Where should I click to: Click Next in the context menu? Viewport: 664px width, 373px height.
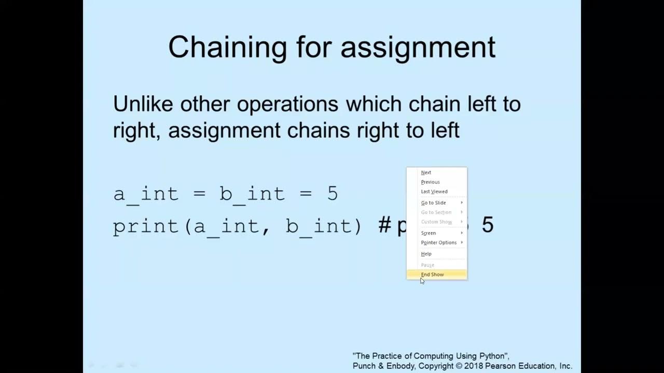(426, 173)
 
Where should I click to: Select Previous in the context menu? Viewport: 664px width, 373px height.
(430, 182)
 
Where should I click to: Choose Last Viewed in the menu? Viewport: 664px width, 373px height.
(434, 192)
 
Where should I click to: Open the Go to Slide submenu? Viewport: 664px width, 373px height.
(434, 203)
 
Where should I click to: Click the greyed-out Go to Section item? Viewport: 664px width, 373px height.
(436, 212)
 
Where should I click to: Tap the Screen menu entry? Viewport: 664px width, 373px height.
(428, 233)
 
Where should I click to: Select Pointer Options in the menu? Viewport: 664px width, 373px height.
(439, 242)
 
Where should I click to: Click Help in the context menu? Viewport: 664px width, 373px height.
(426, 254)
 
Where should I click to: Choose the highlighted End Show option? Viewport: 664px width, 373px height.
(433, 275)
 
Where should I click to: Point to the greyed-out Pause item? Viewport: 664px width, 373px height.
(427, 265)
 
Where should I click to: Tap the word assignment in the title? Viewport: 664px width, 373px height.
(418, 47)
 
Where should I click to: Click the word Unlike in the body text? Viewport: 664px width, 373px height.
(143, 104)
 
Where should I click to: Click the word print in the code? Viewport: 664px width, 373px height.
(146, 226)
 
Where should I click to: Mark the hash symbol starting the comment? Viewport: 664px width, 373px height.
(384, 225)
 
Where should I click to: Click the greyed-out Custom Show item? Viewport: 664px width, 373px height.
(436, 222)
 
